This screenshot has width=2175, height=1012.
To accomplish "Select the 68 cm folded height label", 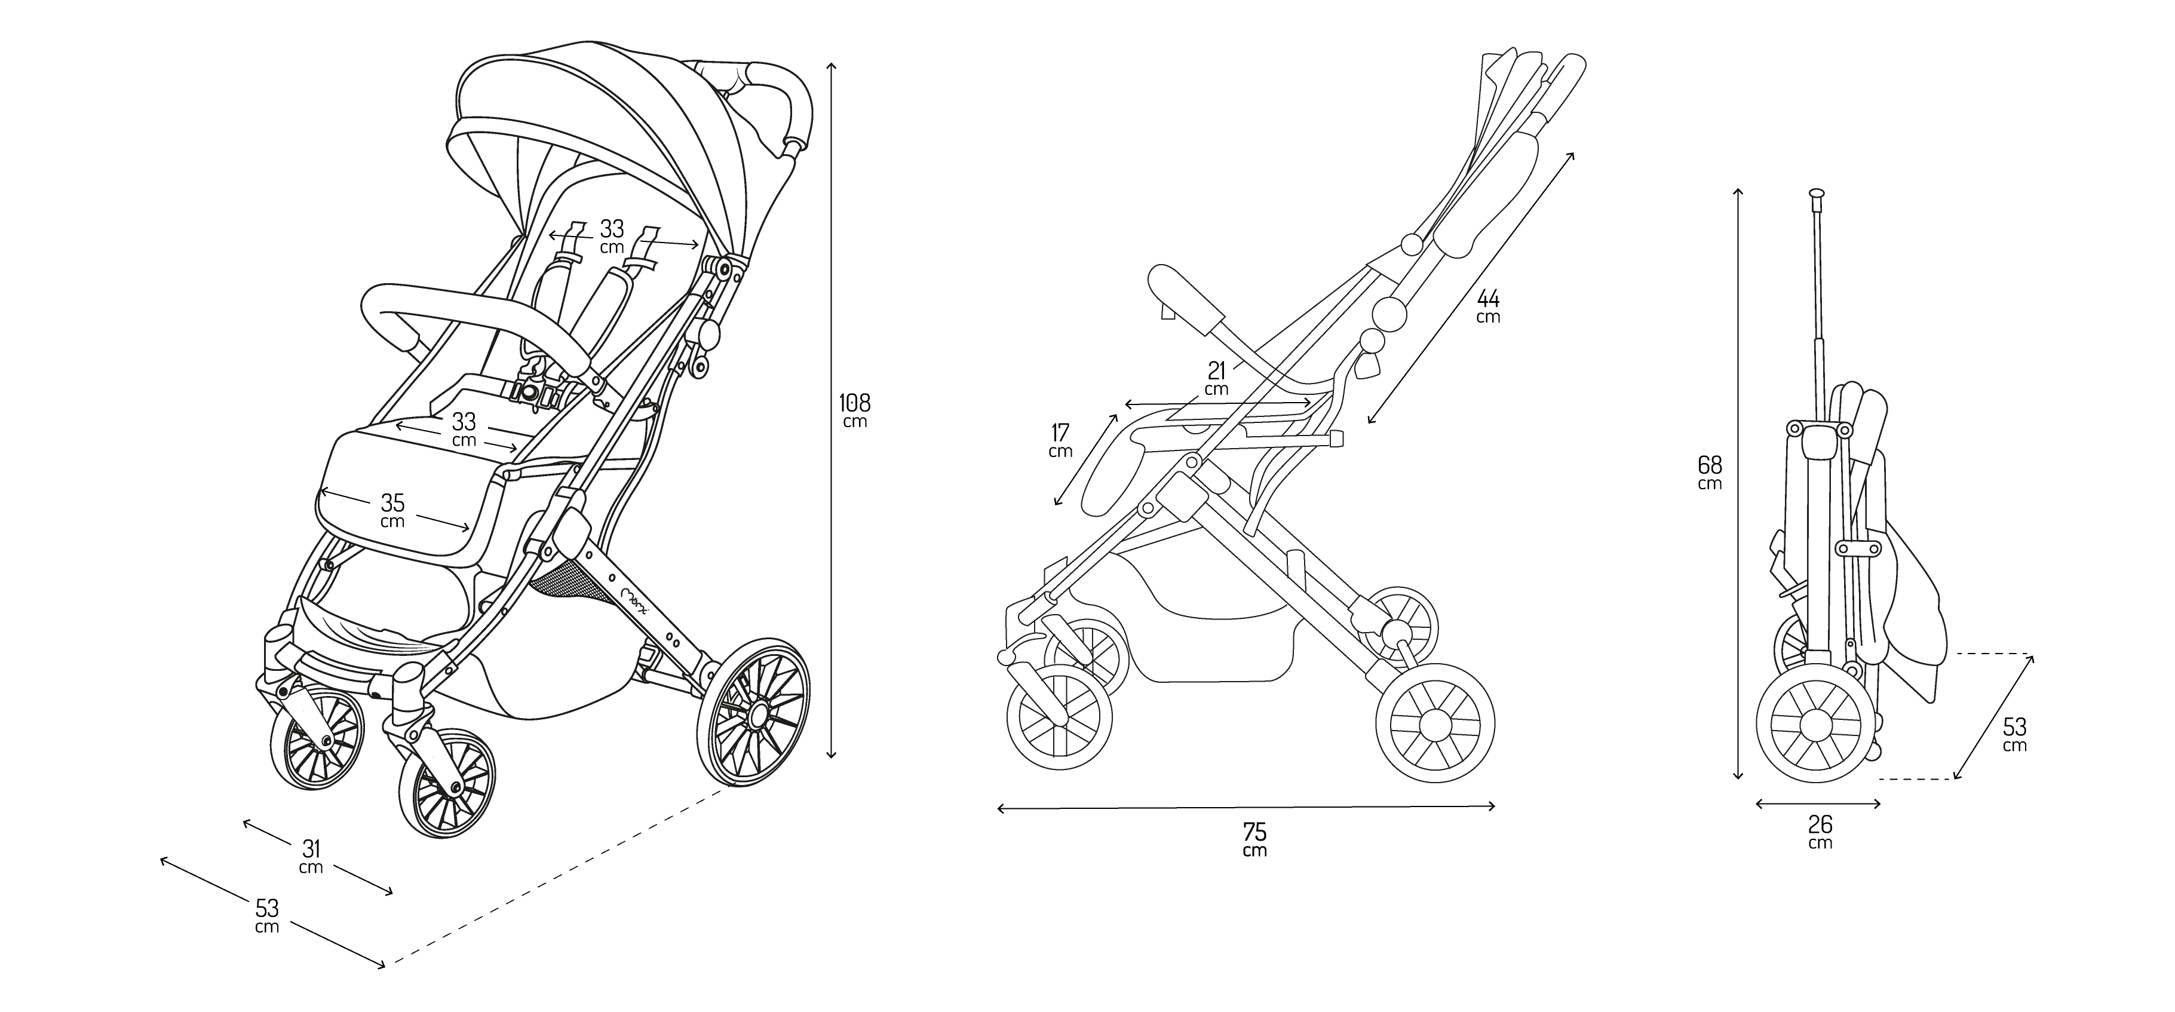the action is coord(1710,472).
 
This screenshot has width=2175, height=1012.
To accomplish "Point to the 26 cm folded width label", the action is coord(1820,832).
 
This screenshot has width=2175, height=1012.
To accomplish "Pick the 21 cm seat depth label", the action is coord(1217,378).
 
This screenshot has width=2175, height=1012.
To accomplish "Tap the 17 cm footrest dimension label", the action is coord(1060,441).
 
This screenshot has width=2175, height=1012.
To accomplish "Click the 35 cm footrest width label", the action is coord(392,511).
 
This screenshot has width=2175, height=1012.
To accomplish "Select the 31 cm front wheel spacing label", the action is coord(311,857).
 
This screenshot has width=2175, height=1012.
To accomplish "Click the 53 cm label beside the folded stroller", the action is coord(2014,734).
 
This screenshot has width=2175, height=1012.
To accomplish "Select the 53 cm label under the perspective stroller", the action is coord(267,915).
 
